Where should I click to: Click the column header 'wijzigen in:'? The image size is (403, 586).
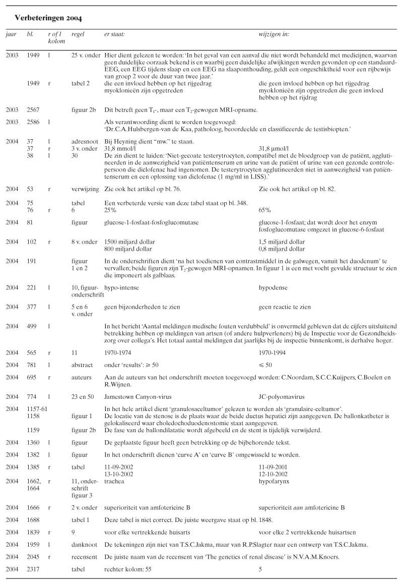[274, 34]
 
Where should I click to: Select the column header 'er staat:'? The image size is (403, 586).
[114, 34]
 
